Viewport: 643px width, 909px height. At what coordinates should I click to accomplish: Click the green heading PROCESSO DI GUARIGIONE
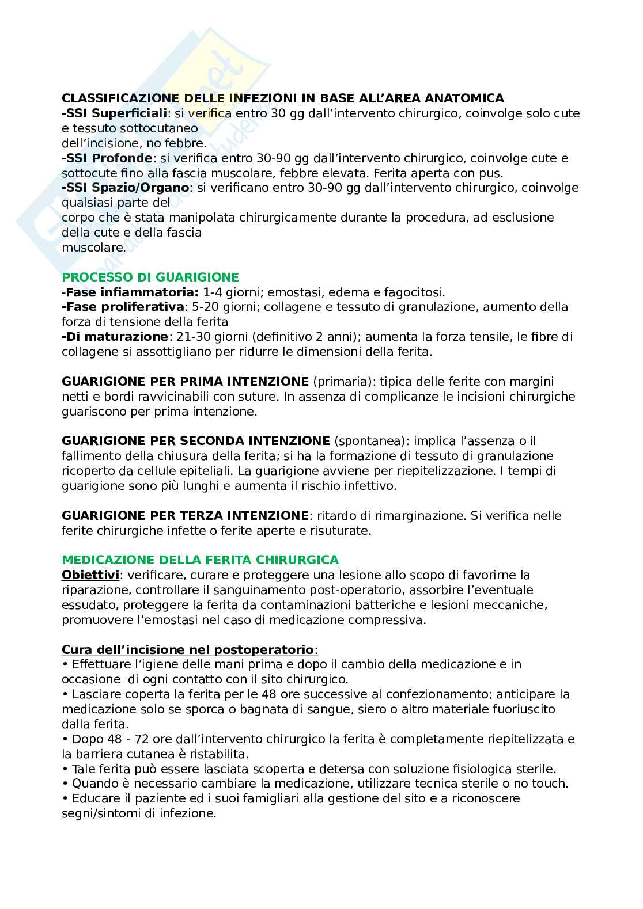(x=150, y=277)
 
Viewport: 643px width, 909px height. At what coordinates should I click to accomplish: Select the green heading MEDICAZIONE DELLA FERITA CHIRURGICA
(x=201, y=560)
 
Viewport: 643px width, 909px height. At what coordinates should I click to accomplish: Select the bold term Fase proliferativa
(x=125, y=307)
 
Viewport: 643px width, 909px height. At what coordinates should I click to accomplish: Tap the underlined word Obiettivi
(x=90, y=575)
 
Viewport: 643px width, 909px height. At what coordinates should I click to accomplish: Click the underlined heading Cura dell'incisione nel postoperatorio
(x=188, y=650)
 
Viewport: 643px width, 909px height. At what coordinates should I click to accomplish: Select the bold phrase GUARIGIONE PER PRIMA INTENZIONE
(x=185, y=381)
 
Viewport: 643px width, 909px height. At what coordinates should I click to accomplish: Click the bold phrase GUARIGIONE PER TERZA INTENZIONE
(x=185, y=515)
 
